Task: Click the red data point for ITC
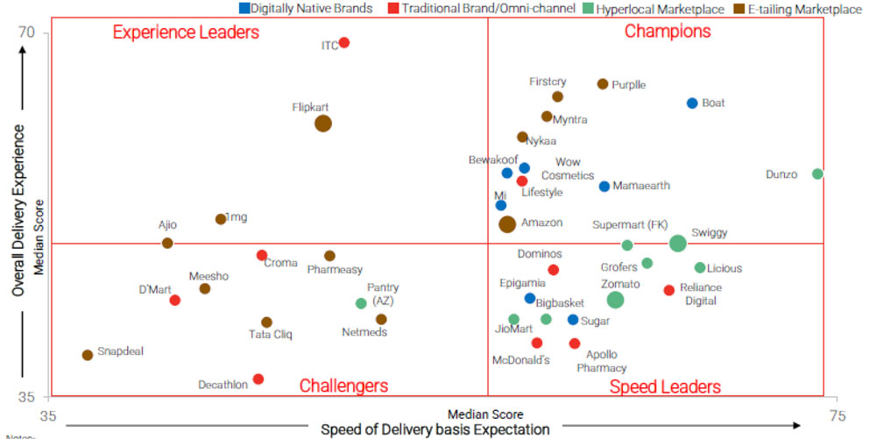(344, 43)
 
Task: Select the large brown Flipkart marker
(323, 124)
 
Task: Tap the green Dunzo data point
(817, 174)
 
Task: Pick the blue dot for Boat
(692, 103)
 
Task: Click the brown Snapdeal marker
(88, 355)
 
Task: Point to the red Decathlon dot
(258, 379)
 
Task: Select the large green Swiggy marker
(678, 244)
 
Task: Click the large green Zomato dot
(615, 300)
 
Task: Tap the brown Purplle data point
(603, 84)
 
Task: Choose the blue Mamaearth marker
(604, 187)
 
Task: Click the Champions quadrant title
(668, 32)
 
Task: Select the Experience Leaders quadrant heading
(186, 32)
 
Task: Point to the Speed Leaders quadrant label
(665, 387)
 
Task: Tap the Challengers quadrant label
(343, 386)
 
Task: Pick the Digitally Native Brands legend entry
(306, 9)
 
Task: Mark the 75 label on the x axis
(837, 414)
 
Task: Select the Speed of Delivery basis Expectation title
(435, 429)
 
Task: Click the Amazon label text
(541, 223)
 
